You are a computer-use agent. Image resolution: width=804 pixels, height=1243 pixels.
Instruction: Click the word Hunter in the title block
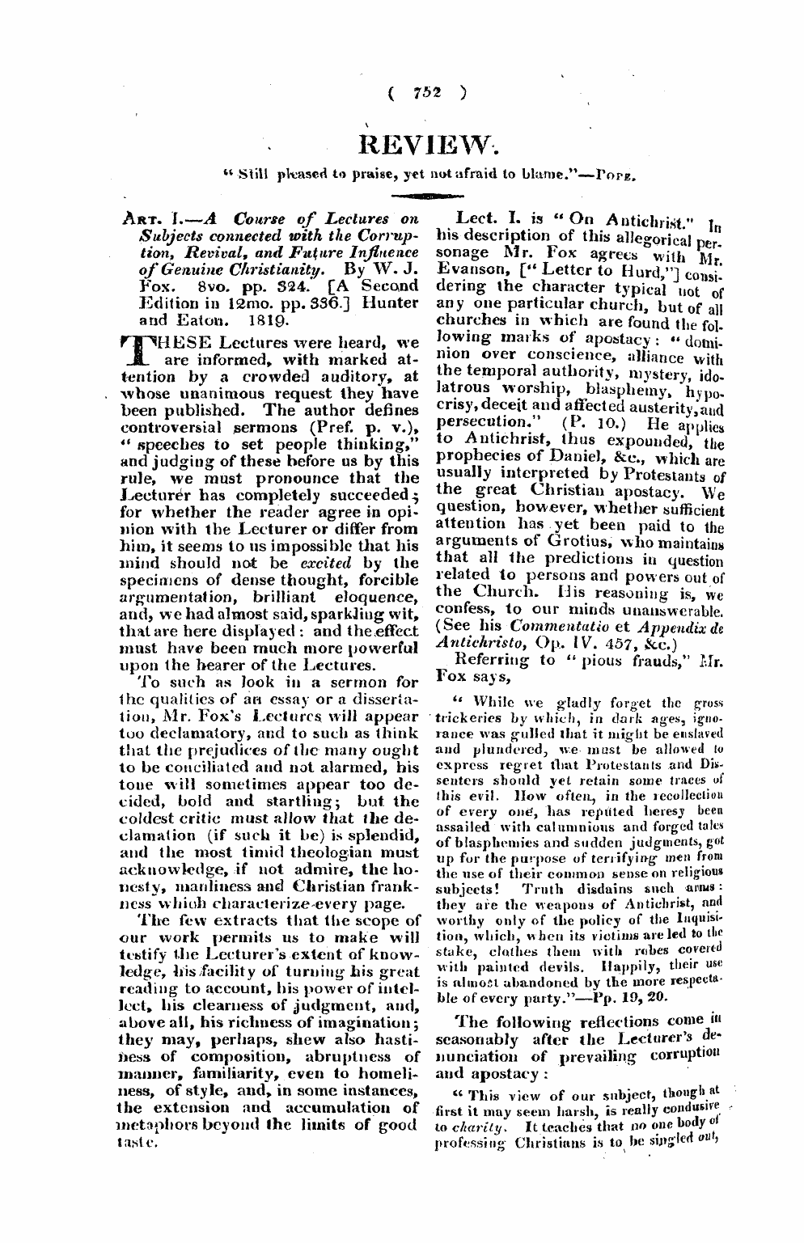[391, 302]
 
